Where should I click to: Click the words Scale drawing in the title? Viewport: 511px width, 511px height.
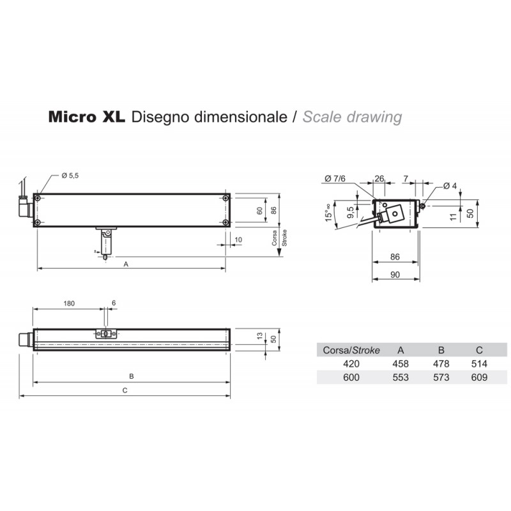pos(352,118)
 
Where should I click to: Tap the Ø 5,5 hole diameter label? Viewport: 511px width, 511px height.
pos(71,176)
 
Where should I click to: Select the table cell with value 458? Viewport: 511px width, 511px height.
pos(400,363)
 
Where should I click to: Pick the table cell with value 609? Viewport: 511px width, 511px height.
pos(479,378)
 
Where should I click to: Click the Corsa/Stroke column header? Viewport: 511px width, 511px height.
pos(352,350)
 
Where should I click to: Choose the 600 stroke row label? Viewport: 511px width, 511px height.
pos(351,378)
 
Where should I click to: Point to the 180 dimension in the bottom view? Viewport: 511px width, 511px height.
pos(70,303)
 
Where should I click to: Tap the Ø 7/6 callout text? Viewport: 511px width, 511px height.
pos(335,178)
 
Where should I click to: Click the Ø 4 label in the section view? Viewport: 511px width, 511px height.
pos(451,185)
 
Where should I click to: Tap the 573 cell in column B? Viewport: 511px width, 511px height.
pos(440,378)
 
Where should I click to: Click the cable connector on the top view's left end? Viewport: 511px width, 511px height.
pos(24,208)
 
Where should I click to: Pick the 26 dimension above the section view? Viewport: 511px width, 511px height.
pos(380,178)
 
